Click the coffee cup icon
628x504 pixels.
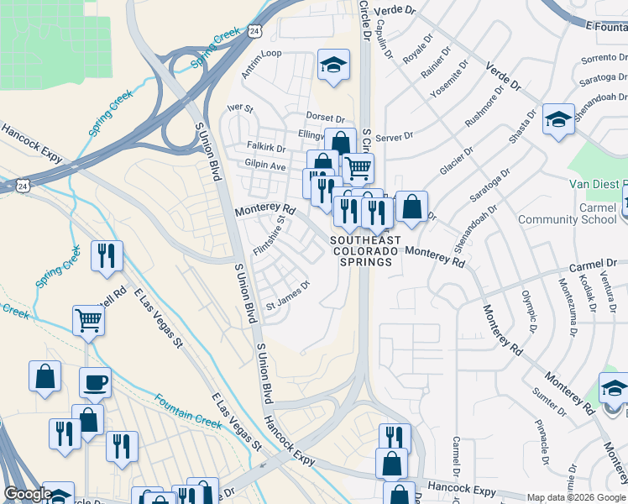point(95,382)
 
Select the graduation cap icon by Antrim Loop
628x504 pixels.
point(333,66)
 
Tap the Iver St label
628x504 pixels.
point(240,108)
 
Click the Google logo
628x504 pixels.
point(28,494)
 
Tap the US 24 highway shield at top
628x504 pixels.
point(254,31)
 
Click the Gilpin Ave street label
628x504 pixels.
point(265,166)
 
